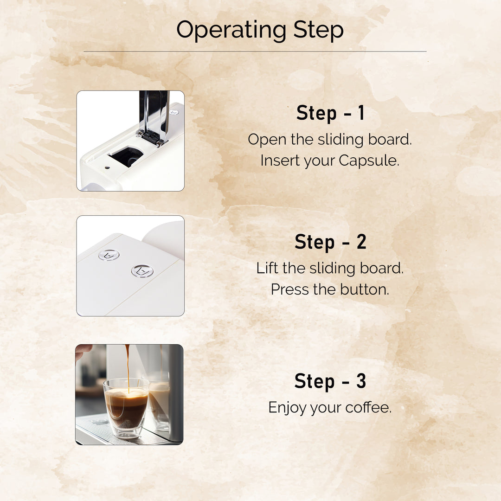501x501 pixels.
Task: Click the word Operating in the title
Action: point(231,30)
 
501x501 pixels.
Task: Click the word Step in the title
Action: point(318,30)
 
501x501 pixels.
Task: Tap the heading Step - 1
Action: point(330,113)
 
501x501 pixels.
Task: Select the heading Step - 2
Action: point(330,242)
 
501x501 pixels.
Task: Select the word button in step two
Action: point(364,289)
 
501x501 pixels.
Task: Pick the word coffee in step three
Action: point(368,408)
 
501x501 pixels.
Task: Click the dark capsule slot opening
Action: point(126,157)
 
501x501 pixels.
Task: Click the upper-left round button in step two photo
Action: point(109,255)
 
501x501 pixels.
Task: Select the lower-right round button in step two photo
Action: point(142,271)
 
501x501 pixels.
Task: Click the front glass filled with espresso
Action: point(126,407)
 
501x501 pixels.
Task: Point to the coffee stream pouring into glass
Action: point(128,366)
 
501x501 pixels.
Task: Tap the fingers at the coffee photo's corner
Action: point(83,351)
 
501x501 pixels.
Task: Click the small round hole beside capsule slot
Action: point(107,168)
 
